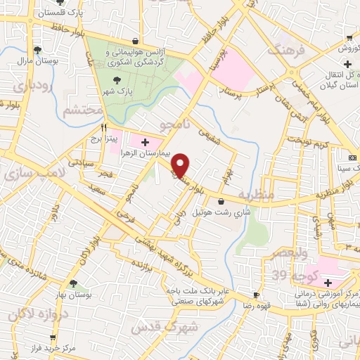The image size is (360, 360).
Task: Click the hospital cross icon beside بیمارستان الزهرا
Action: (x=145, y=143)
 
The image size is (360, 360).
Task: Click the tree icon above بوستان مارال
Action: (x=37, y=51)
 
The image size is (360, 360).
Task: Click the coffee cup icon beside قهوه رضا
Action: (x=257, y=295)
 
